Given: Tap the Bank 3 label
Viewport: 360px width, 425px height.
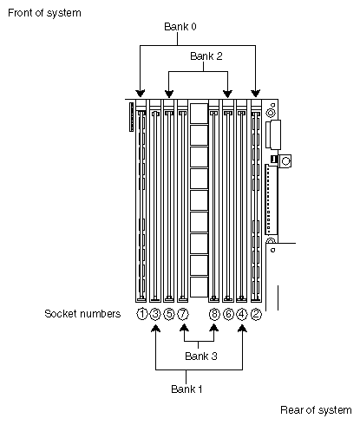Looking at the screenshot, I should pyautogui.click(x=197, y=356).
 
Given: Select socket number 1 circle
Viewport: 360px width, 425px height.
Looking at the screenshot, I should pyautogui.click(x=141, y=314).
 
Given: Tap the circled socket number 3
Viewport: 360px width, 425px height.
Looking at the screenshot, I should pyautogui.click(x=155, y=314).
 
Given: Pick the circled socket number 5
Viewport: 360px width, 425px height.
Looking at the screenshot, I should pyautogui.click(x=169, y=314).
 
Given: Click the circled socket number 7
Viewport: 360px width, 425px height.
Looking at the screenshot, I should pyautogui.click(x=183, y=314).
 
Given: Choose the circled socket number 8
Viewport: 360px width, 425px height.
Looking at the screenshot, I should pyautogui.click(x=214, y=314).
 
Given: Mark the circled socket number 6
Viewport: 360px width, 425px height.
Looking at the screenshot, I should pyautogui.click(x=228, y=314).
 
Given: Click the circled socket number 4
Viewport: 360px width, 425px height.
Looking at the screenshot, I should pyautogui.click(x=242, y=314).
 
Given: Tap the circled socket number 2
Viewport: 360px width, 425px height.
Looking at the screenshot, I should pyautogui.click(x=256, y=314).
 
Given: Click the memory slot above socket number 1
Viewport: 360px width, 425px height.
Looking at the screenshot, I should pyautogui.click(x=141, y=199).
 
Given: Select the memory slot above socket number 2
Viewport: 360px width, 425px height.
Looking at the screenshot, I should pyautogui.click(x=256, y=199).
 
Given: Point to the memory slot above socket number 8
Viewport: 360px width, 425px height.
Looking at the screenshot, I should pyautogui.click(x=214, y=199).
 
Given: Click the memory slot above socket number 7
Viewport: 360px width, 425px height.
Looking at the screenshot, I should pyautogui.click(x=183, y=199).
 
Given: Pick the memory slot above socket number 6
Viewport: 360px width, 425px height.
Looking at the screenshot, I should pyautogui.click(x=228, y=199).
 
